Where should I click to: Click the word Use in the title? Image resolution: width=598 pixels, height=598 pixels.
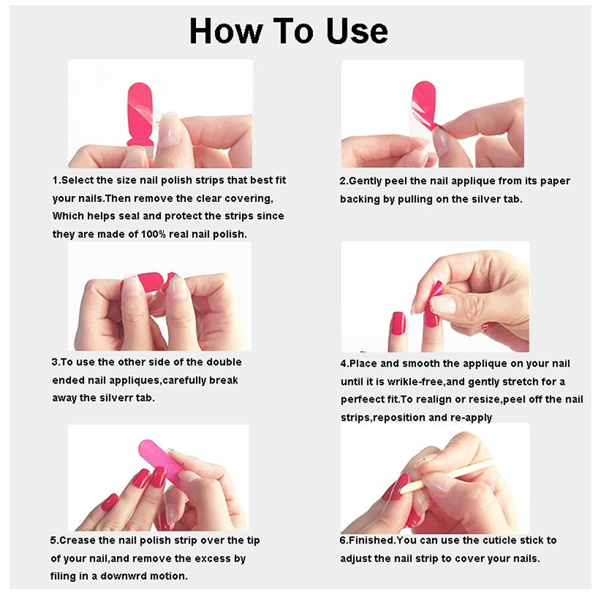(357, 31)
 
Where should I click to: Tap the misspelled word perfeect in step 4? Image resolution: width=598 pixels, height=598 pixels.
(358, 400)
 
